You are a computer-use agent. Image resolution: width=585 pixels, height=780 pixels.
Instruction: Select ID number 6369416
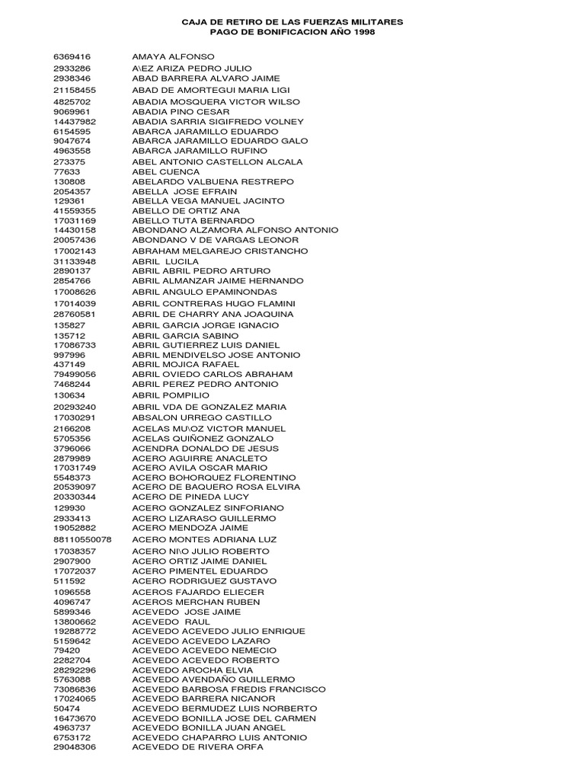pyautogui.click(x=72, y=57)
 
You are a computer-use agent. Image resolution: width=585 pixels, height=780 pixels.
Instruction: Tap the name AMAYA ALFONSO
pyautogui.click(x=173, y=57)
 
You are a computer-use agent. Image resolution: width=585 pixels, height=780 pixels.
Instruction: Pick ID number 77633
pyautogui.click(x=66, y=172)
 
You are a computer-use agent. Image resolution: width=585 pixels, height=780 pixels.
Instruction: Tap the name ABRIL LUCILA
pyautogui.click(x=165, y=261)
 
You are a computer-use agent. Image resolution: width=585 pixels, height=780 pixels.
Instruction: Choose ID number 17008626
pyautogui.click(x=75, y=292)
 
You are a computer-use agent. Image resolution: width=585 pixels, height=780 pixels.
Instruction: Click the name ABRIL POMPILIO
pyautogui.click(x=171, y=395)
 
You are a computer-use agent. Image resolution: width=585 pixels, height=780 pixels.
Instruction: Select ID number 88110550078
pyautogui.click(x=82, y=539)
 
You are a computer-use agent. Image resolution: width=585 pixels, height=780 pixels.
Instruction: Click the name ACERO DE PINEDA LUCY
pyautogui.click(x=190, y=497)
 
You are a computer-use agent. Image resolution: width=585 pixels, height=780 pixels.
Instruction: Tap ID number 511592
pyautogui.click(x=69, y=581)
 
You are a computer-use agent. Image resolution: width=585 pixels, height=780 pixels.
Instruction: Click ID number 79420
pyautogui.click(x=66, y=651)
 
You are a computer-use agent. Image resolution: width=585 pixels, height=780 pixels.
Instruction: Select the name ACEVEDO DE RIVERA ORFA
pyautogui.click(x=197, y=747)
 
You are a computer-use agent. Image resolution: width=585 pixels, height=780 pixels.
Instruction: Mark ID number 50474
pyautogui.click(x=66, y=708)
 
